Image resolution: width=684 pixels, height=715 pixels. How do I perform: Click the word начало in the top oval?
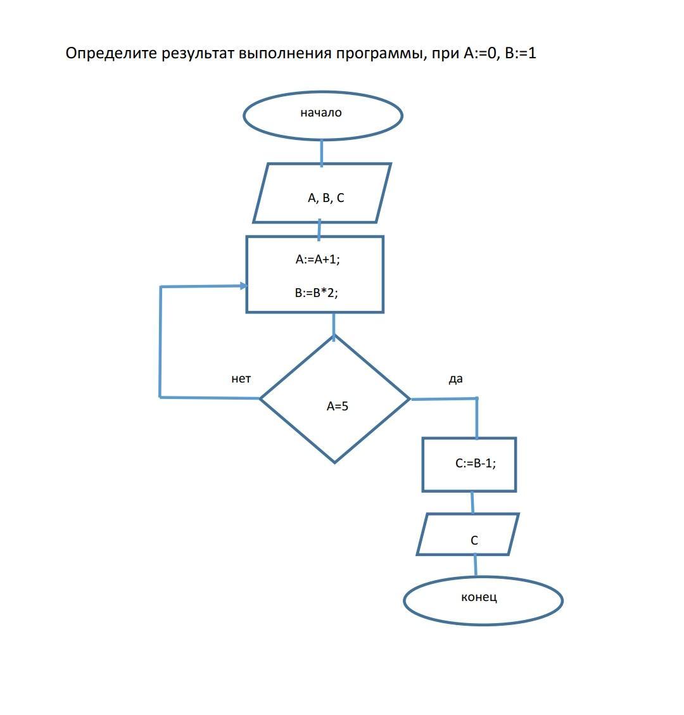[321, 113]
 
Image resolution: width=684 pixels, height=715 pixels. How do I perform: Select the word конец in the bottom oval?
[479, 597]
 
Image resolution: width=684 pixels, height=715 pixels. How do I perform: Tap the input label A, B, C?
[326, 198]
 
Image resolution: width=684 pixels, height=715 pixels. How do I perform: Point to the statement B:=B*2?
[316, 293]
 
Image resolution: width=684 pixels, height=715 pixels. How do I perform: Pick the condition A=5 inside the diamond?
[337, 407]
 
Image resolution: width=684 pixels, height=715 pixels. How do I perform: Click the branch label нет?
[241, 379]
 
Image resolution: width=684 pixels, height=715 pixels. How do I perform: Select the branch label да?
[455, 379]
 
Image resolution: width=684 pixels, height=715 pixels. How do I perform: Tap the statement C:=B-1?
[475, 463]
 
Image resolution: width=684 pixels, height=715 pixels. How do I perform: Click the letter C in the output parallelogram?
[474, 540]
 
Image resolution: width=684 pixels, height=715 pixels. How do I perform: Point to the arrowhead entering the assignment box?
[243, 286]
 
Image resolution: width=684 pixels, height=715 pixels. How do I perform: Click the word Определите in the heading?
[111, 53]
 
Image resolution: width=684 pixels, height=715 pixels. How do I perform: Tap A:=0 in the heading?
[482, 53]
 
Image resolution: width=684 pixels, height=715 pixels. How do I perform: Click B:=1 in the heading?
[521, 53]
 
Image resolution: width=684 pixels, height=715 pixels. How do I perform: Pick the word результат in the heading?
[198, 53]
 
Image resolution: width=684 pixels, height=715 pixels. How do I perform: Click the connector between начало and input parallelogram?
[322, 152]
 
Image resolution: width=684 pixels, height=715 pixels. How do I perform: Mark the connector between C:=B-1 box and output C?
[472, 503]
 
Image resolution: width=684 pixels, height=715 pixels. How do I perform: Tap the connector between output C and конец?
[475, 566]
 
